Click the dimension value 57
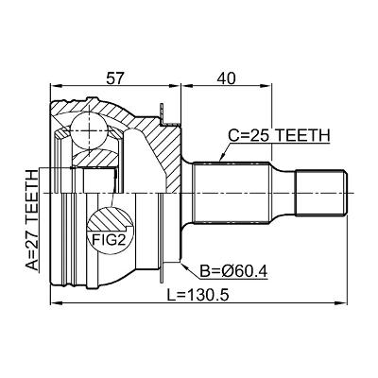[x=113, y=78]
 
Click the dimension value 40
[x=227, y=78]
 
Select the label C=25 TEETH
[x=279, y=136]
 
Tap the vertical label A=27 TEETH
[x=32, y=220]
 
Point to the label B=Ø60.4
[x=233, y=271]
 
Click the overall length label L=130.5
[x=198, y=295]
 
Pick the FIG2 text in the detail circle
[x=109, y=240]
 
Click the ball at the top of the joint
[x=90, y=129]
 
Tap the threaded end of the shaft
[x=321, y=193]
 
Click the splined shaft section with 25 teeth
[x=232, y=193]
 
